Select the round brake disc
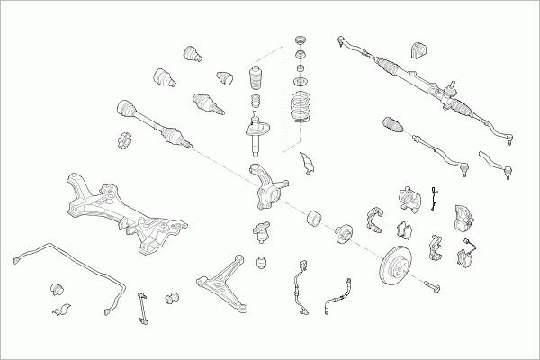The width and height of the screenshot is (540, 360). (x=396, y=265)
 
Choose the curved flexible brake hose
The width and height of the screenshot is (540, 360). (x=335, y=301)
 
